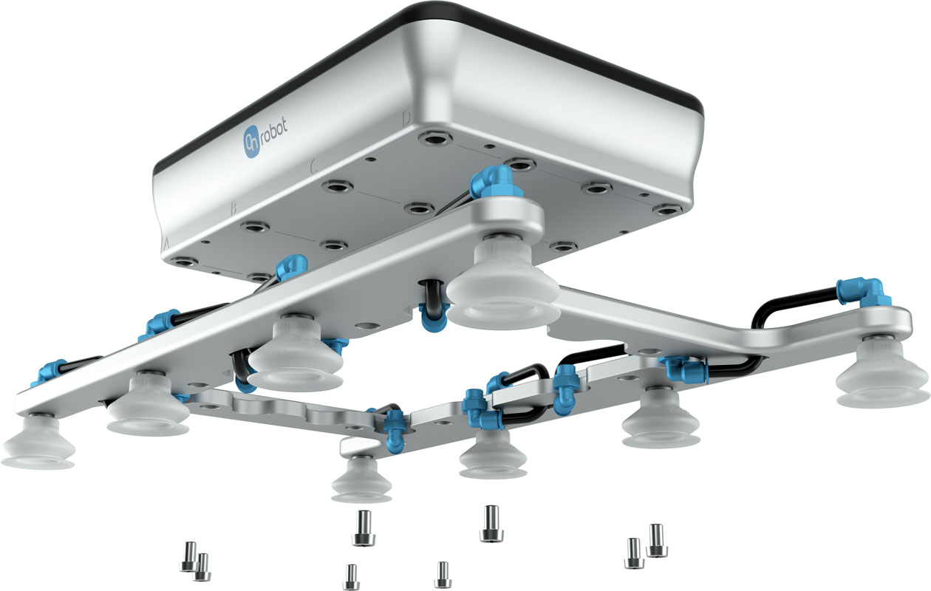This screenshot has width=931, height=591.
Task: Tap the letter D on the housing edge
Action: [406, 117]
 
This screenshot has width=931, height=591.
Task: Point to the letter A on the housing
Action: [167, 242]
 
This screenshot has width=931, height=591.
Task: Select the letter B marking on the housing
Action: [233, 209]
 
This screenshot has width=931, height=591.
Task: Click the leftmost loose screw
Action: [188, 556]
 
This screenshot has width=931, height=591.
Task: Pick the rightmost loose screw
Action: [656, 539]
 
